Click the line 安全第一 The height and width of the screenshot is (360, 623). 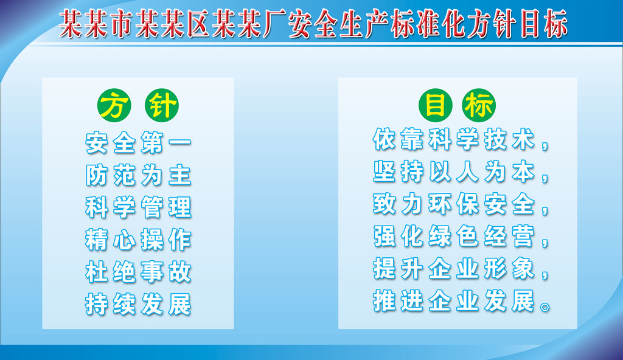pos(138,144)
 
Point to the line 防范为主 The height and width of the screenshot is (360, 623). pos(138,176)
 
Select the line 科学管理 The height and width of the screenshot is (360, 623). pos(138,208)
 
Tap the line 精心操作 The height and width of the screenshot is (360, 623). pos(138,240)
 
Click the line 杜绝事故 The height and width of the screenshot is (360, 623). pos(138,272)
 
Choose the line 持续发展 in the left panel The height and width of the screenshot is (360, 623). pos(138,304)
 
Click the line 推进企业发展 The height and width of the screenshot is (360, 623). pos(454,302)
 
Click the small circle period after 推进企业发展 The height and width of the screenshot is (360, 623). pos(545,307)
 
